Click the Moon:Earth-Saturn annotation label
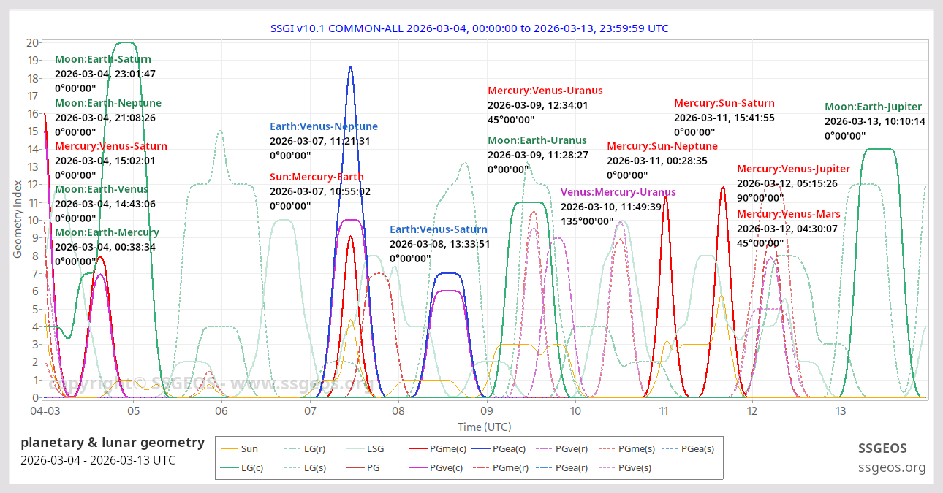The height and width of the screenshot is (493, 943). click(x=103, y=59)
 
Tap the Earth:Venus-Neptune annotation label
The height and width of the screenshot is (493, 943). click(x=324, y=126)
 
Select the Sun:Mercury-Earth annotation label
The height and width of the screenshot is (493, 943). click(x=317, y=177)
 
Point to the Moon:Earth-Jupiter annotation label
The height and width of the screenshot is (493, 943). click(x=873, y=107)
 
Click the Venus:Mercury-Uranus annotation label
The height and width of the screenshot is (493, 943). click(x=618, y=192)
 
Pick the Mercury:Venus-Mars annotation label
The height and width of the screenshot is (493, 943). click(x=789, y=214)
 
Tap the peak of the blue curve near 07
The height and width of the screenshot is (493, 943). click(x=351, y=67)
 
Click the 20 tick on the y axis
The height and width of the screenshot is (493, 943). click(x=32, y=42)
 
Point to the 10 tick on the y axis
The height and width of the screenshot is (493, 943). click(x=32, y=220)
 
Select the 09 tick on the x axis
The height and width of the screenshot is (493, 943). click(x=487, y=411)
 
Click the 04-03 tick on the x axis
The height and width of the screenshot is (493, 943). click(x=45, y=411)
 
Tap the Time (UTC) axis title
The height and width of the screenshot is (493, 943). click(x=484, y=427)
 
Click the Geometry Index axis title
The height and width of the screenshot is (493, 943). click(x=18, y=220)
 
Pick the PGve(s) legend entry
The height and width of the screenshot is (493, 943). click(x=635, y=467)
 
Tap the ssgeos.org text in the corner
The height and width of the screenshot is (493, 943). click(x=892, y=467)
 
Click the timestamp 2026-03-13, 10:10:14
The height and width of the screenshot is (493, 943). click(x=875, y=121)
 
